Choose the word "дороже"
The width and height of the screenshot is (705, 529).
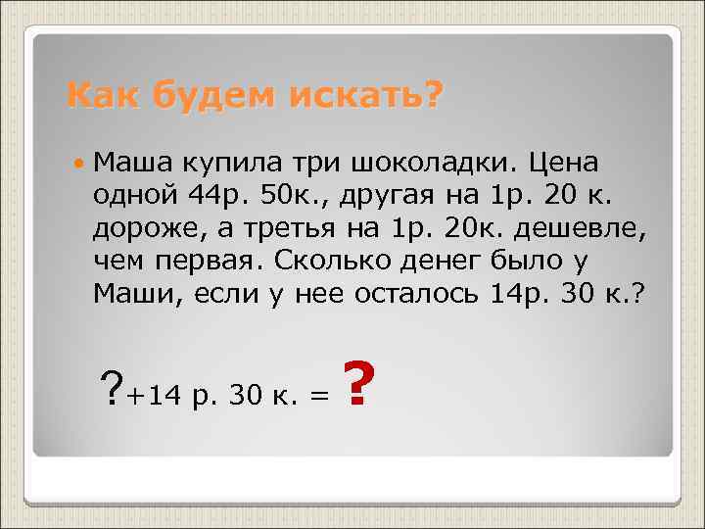coord(144,229)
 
